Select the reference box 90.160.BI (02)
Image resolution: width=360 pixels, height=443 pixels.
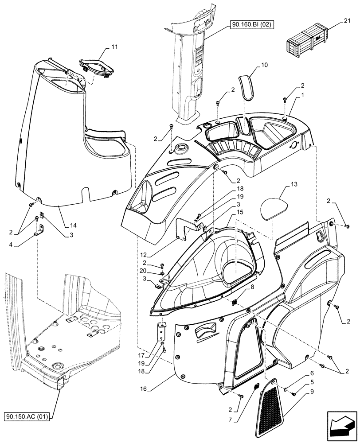tap(251, 25)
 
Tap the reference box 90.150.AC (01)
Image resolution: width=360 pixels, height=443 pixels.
tap(29, 416)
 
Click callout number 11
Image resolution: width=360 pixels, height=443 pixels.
tap(102, 47)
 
